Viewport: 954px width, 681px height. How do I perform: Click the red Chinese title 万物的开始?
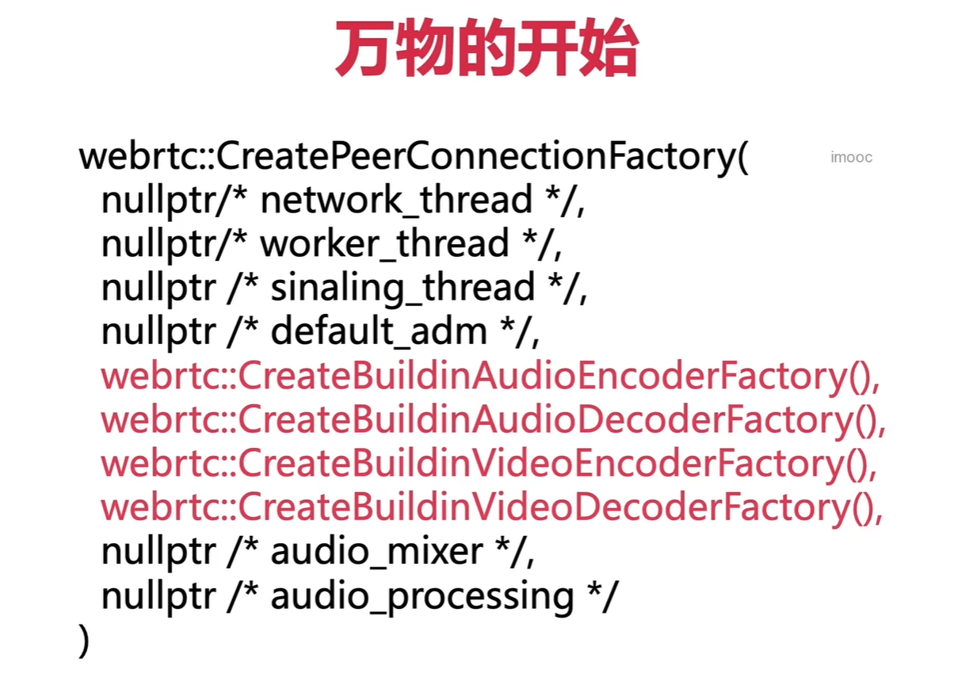[x=486, y=50]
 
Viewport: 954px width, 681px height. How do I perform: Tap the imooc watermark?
[x=851, y=157]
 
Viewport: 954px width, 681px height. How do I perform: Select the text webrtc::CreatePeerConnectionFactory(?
[x=413, y=158]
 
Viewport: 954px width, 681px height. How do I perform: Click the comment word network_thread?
[x=396, y=201]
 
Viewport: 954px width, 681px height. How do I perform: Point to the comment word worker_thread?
[x=384, y=244]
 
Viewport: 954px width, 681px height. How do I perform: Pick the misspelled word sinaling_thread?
[x=403, y=288]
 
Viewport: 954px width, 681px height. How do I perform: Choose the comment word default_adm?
[x=379, y=331]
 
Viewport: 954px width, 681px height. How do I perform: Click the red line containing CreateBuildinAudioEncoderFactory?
[x=491, y=377]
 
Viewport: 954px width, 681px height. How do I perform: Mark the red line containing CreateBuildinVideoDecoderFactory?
[x=491, y=507]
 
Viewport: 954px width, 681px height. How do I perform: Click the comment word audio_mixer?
[x=376, y=552]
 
